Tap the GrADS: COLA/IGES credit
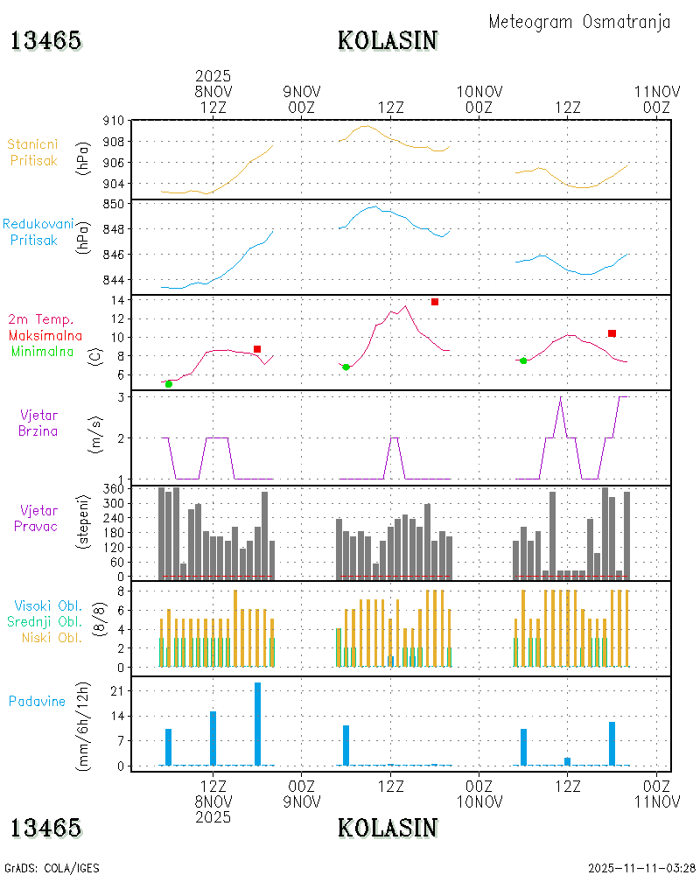point(52,868)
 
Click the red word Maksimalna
point(45,336)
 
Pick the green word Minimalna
point(44,352)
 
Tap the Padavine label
point(38,701)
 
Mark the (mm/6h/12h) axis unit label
point(84,722)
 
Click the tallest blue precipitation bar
point(257,724)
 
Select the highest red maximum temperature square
point(435,302)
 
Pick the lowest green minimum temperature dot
point(169,384)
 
